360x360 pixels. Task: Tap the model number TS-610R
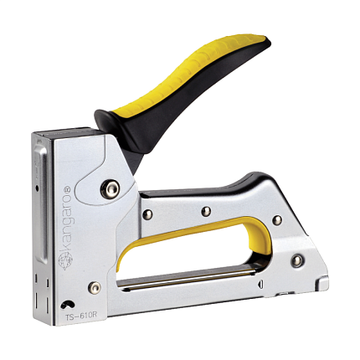(81, 316)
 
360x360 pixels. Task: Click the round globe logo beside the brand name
(65, 260)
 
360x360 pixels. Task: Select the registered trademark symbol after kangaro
(67, 189)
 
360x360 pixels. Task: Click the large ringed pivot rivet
(111, 188)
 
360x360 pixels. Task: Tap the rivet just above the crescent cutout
(95, 288)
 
